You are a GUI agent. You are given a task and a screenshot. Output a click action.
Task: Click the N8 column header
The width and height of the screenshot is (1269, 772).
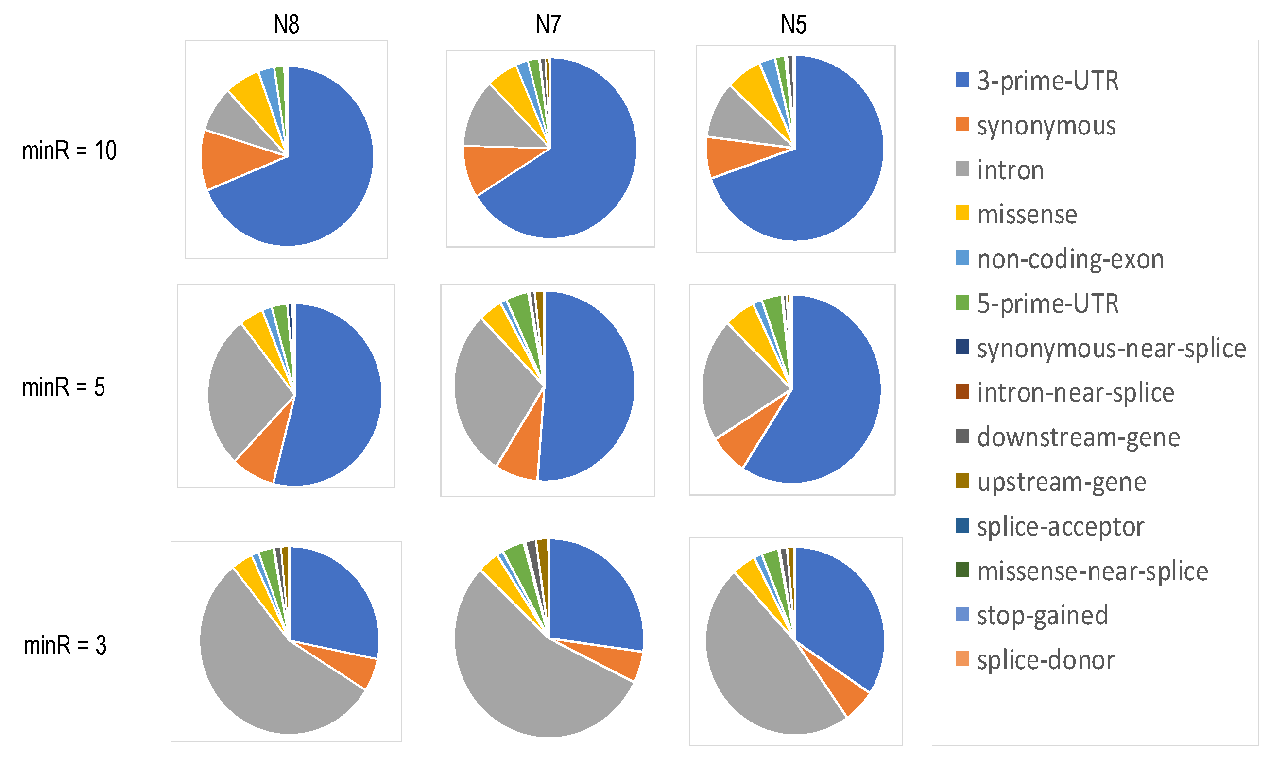[x=286, y=24]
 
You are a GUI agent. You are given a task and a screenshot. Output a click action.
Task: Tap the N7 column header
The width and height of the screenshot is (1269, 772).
[x=548, y=24]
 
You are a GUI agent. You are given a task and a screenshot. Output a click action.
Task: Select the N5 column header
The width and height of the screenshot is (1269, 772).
[x=793, y=24]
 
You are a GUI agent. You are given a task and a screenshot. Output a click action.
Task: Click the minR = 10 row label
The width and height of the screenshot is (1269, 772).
[x=69, y=151]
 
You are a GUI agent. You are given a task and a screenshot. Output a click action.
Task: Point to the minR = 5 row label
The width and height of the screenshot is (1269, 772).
[x=63, y=387]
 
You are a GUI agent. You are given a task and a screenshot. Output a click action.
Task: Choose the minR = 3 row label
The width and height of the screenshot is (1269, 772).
[x=65, y=645]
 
